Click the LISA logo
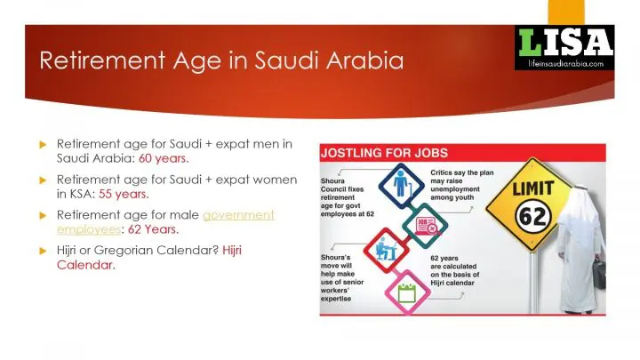564,47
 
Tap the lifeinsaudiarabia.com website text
565,64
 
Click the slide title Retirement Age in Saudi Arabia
221,60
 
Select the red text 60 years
164,158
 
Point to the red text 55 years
124,194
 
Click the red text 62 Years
153,229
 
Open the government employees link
165,222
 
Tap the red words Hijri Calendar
149,258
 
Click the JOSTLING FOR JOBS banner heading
385,153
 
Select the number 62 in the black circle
533,216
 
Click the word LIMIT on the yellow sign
533,188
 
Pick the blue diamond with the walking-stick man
402,186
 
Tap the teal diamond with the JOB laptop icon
425,225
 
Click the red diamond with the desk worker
386,250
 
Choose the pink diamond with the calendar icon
407,292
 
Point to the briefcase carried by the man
599,273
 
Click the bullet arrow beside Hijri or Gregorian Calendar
43,251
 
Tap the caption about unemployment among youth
462,185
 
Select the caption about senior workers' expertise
342,278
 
